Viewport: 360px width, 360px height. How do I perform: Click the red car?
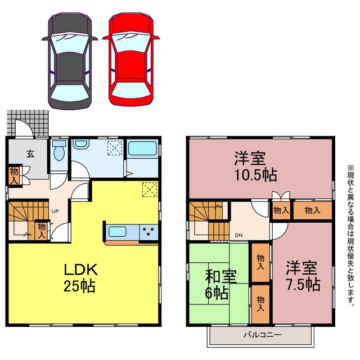click(131, 59)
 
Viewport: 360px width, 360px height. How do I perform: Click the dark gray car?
click(70, 61)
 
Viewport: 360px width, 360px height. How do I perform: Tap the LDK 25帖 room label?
click(80, 278)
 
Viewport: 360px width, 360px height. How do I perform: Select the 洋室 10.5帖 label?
click(255, 166)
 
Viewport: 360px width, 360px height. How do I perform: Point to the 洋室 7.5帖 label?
click(303, 276)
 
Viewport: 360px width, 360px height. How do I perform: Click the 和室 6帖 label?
click(220, 285)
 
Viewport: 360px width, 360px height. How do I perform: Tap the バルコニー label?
click(263, 335)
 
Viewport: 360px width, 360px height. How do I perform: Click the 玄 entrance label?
click(30, 154)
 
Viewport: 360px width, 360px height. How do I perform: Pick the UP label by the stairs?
click(55, 211)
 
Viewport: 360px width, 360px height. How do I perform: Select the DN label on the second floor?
click(238, 235)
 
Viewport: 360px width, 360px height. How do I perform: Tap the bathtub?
click(142, 148)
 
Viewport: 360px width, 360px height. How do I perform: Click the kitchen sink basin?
click(118, 231)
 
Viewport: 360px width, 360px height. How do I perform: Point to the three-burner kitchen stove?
click(148, 231)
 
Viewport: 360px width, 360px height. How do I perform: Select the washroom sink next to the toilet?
click(80, 144)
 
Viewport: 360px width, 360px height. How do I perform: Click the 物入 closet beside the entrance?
click(14, 175)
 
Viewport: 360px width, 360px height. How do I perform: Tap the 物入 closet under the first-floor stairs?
click(42, 231)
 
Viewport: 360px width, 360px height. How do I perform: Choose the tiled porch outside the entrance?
click(28, 123)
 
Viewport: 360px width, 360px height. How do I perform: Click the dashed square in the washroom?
click(115, 147)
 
